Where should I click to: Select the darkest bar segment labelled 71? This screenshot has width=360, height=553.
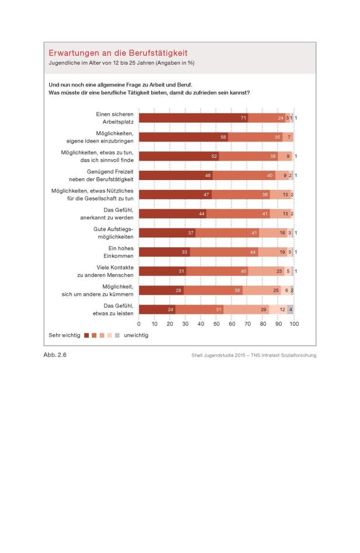193,118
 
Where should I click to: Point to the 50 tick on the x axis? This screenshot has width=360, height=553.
217,323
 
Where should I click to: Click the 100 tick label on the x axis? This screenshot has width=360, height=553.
294,323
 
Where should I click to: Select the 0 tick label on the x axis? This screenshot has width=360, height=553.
139,323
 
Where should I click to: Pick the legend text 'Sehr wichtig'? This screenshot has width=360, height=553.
64,336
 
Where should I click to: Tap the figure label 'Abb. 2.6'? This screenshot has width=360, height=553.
55,355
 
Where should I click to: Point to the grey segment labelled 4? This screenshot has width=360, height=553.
290,309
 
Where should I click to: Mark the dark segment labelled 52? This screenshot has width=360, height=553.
179,156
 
